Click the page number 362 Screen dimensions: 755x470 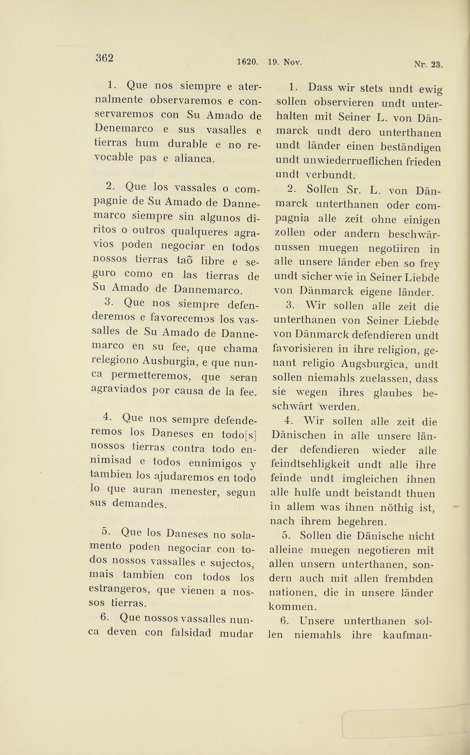click(x=104, y=58)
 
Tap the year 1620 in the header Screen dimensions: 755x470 click(x=247, y=62)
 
